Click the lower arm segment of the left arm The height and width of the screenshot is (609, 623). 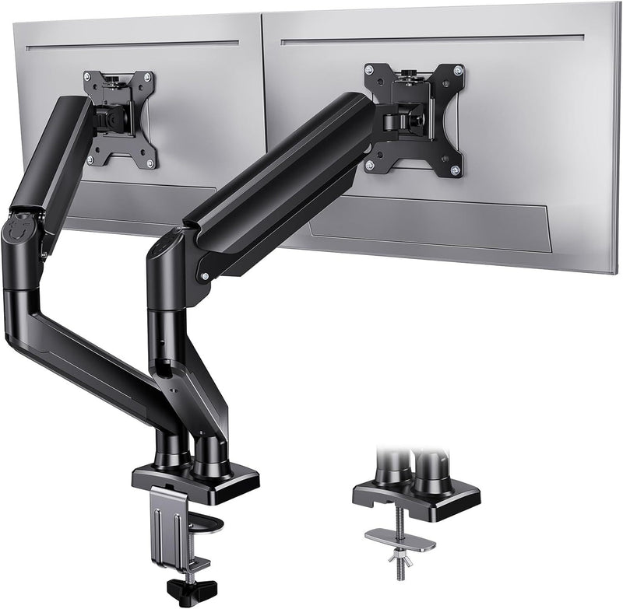click(86, 350)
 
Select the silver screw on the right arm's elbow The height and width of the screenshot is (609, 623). click(205, 275)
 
